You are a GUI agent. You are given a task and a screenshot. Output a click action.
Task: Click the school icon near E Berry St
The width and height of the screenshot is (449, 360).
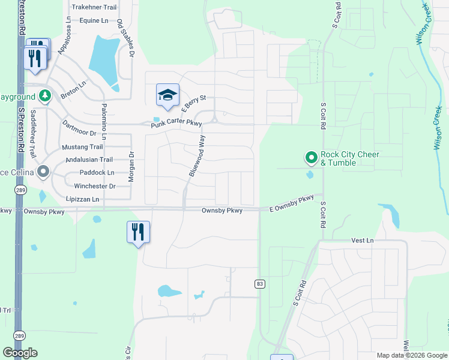point(168,95)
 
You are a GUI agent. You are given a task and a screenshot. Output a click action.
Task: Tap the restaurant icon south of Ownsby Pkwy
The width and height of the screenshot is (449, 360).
point(138,231)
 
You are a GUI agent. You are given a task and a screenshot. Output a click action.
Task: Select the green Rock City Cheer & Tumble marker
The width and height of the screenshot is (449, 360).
point(311,158)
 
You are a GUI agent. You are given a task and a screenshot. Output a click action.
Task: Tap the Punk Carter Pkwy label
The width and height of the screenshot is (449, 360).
point(175,124)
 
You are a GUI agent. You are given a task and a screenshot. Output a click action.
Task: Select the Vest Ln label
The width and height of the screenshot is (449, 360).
point(362,240)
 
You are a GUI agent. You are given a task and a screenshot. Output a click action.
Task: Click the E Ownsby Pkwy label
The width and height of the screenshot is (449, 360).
point(292,202)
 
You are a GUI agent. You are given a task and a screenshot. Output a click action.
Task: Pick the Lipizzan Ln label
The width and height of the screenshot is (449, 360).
point(83,199)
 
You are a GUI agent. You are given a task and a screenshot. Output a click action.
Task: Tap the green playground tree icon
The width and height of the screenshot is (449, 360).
point(44,95)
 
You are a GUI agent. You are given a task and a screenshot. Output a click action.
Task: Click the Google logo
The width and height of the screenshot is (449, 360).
point(20,353)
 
